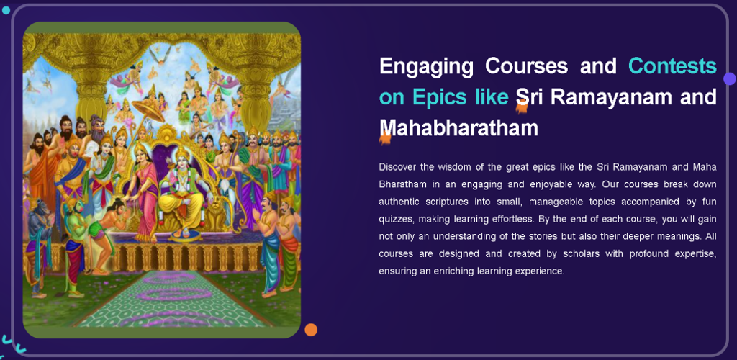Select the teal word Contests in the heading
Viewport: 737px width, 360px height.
672,66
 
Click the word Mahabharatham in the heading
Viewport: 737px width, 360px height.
458,127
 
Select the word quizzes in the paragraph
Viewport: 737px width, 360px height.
393,219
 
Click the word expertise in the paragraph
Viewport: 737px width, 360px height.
696,253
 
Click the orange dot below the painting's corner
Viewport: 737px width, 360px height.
311,330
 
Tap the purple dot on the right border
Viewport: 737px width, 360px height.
730,78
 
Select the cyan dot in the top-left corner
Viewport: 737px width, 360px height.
6,10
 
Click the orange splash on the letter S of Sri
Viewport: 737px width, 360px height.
521,108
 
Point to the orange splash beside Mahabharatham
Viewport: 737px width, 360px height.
385,138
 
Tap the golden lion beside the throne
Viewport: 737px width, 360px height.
217,214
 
